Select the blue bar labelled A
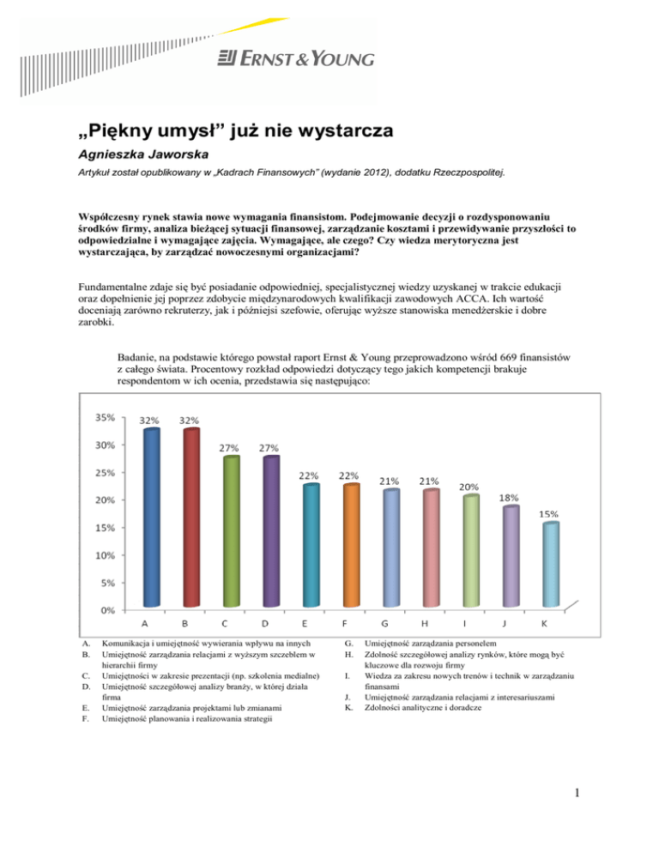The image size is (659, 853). tap(151, 515)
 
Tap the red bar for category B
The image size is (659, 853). tap(190, 515)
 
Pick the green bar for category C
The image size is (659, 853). tap(231, 532)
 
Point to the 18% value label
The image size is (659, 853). tap(508, 497)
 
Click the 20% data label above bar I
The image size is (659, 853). tap(469, 486)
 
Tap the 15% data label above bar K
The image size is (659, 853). tap(547, 513)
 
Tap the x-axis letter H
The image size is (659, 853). tap(428, 625)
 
